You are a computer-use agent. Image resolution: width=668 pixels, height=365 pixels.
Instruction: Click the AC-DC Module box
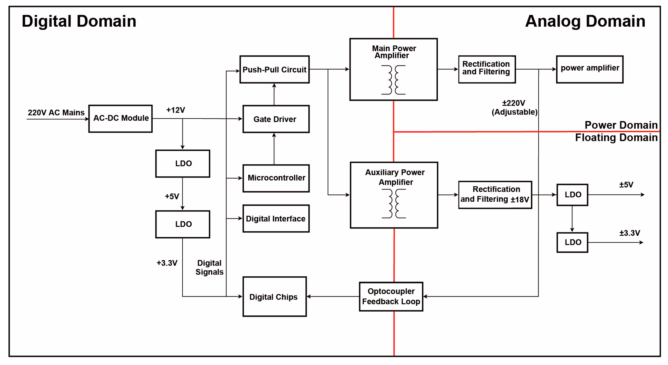(120, 119)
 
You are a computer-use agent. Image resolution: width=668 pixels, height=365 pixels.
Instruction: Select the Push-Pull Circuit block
(274, 69)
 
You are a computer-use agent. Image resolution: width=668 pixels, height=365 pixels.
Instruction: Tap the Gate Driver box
(276, 119)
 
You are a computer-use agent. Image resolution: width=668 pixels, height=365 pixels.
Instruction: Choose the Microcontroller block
(276, 178)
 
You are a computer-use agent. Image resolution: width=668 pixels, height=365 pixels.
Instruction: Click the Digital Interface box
(276, 218)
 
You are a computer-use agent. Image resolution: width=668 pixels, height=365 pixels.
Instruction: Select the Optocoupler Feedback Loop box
(391, 296)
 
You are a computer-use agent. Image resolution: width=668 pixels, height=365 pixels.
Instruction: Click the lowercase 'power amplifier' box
(590, 69)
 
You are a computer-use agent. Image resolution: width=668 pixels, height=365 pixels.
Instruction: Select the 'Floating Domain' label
(616, 137)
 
